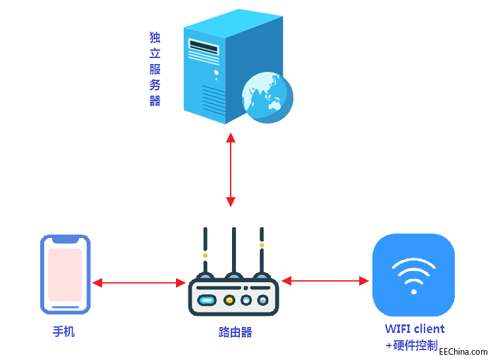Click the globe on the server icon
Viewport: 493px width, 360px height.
tap(266, 97)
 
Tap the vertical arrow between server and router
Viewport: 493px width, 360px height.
tap(230, 169)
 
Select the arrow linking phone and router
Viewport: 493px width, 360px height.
tap(139, 283)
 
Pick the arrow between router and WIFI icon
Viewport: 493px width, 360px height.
tap(325, 281)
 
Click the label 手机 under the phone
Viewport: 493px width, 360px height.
tap(64, 331)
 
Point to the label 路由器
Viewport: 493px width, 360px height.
tap(235, 332)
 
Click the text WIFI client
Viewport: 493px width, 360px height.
tap(415, 328)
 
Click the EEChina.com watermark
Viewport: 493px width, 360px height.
tap(463, 352)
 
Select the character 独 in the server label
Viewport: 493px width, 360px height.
tap(155, 38)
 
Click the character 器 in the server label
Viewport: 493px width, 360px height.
tap(155, 101)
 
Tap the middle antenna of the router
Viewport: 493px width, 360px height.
tap(233, 251)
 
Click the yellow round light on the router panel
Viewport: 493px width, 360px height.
tap(229, 301)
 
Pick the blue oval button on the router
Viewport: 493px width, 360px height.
tap(208, 301)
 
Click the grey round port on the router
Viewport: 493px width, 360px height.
tap(263, 301)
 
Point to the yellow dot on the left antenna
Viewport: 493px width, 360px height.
tap(205, 255)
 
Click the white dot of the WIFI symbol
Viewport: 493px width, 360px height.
tap(413, 291)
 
